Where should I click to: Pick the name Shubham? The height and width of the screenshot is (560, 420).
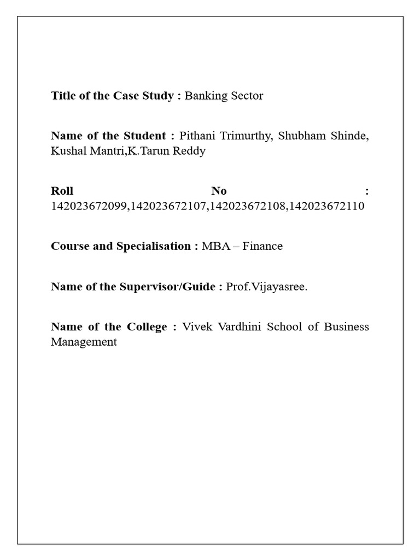(x=301, y=136)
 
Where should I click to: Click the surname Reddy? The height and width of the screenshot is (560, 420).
(x=189, y=151)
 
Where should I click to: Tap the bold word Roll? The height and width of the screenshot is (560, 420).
(x=62, y=191)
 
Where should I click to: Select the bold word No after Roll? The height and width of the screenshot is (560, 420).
(x=219, y=191)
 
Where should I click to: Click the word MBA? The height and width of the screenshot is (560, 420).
(x=214, y=246)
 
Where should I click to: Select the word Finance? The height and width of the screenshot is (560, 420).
(x=262, y=246)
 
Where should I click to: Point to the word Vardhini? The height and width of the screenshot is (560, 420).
(x=242, y=327)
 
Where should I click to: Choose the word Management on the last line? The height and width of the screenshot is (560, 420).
(x=84, y=342)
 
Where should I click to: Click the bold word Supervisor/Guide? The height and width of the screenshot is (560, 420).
(x=168, y=287)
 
